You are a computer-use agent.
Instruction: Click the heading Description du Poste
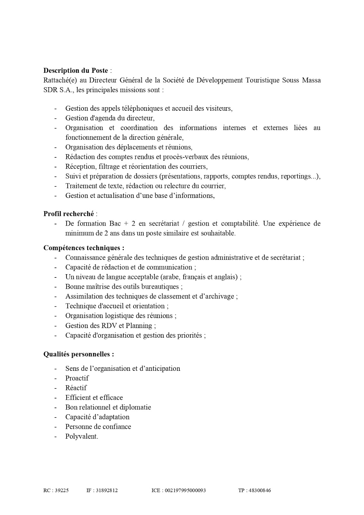pyautogui.click(x=76, y=70)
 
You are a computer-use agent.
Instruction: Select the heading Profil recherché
pyautogui.click(x=69, y=214)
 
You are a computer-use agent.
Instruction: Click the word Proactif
pyautogui.click(x=77, y=378)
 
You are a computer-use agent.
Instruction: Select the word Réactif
pyautogui.click(x=76, y=388)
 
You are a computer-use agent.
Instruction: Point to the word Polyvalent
pyautogui.click(x=81, y=436)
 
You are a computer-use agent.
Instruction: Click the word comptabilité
pyautogui.click(x=240, y=223)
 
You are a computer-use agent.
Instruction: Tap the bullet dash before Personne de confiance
pyautogui.click(x=56, y=427)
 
